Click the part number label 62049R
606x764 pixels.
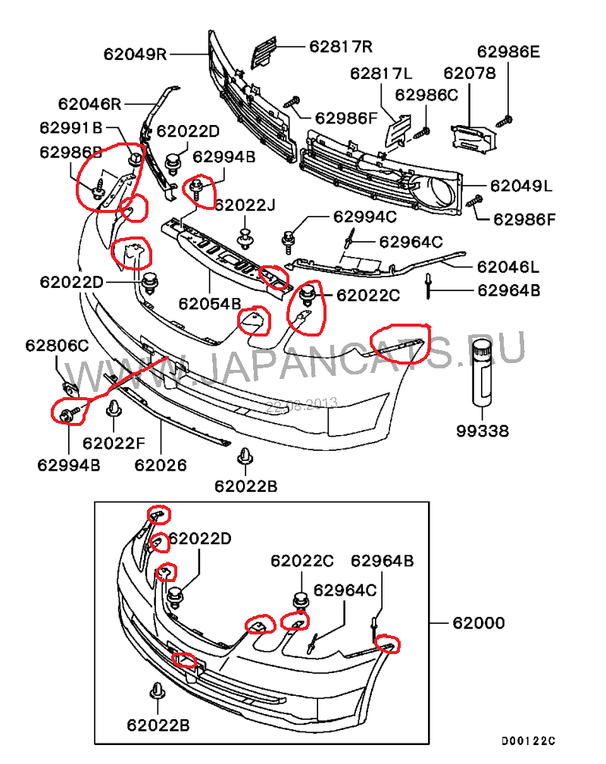(136, 54)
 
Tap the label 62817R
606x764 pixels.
(341, 46)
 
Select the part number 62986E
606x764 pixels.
(508, 52)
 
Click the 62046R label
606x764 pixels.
(90, 103)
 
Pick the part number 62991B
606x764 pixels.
(71, 128)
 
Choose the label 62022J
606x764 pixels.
(245, 205)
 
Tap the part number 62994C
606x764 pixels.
(364, 217)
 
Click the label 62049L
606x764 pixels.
(521, 186)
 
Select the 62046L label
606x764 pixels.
(508, 267)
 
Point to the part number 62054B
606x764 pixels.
(210, 304)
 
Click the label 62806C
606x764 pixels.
(57, 346)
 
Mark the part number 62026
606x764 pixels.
(161, 464)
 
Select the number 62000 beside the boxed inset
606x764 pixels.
(479, 624)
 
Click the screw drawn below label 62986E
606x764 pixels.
(507, 118)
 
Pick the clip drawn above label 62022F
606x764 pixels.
(113, 410)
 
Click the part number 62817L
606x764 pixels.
(381, 74)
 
